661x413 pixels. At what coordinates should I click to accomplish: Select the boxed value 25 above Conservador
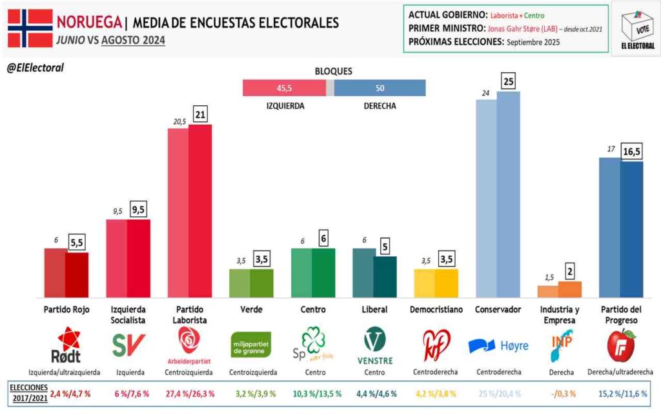click(x=509, y=81)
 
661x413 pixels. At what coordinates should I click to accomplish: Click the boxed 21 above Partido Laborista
click(x=199, y=114)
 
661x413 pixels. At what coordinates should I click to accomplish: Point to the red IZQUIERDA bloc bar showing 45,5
click(x=284, y=88)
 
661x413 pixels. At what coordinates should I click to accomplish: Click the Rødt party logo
click(x=65, y=346)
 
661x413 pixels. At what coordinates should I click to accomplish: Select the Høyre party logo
click(x=498, y=346)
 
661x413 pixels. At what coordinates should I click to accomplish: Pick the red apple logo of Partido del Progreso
click(x=621, y=345)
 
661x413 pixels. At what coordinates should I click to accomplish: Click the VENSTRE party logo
click(x=374, y=346)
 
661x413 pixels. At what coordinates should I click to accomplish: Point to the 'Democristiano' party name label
click(x=436, y=310)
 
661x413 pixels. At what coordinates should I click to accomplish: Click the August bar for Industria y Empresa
click(x=569, y=288)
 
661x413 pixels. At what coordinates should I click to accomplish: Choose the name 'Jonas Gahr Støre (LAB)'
click(x=518, y=29)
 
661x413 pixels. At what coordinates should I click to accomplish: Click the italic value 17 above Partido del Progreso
click(x=609, y=149)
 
